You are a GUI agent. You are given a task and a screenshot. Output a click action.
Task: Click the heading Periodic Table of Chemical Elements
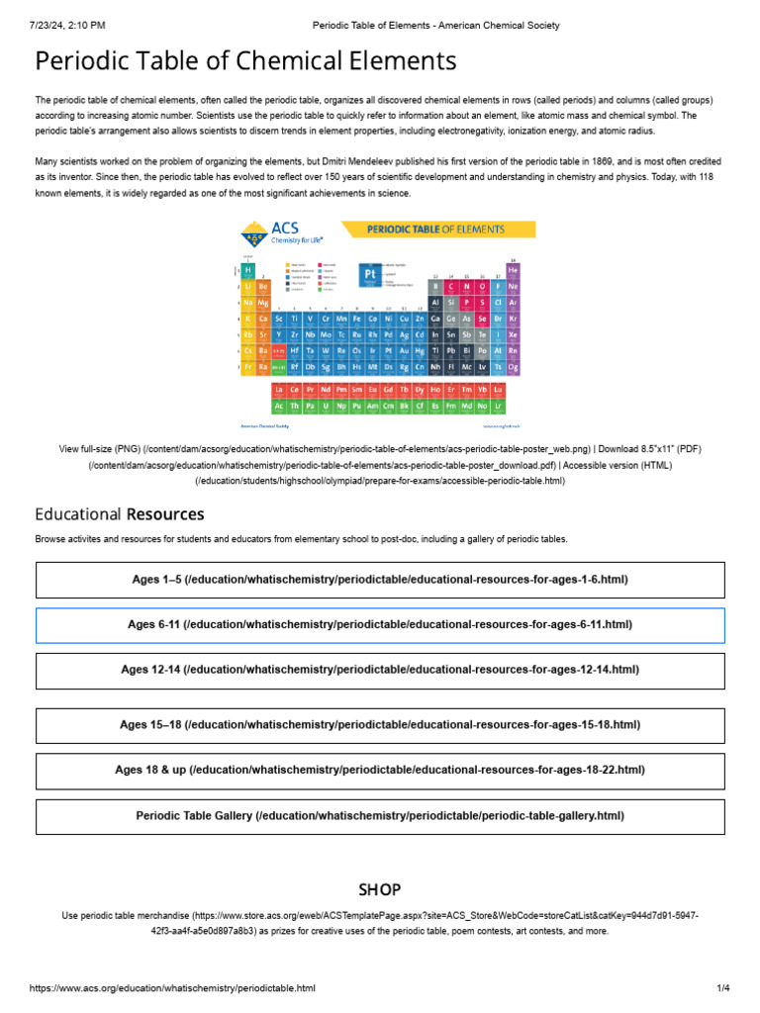245,61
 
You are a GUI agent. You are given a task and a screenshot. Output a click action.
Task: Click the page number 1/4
722,988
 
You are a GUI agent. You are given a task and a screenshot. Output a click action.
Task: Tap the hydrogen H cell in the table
248,270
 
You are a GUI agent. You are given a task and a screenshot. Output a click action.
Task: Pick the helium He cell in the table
513,269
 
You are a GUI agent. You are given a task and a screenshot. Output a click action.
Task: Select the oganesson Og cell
513,366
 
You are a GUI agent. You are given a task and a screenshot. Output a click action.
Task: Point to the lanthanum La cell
279,391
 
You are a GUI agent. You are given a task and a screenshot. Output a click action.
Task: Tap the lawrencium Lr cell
499,406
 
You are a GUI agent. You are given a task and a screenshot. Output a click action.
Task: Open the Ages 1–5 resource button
380,580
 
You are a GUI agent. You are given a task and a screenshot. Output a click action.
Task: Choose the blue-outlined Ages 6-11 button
380,625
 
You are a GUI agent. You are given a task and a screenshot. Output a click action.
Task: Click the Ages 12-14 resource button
380,671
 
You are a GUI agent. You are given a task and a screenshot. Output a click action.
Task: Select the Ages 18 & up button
380,771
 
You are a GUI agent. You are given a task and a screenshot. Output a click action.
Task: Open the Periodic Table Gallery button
380,816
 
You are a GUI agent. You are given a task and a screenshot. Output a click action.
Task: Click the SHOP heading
380,890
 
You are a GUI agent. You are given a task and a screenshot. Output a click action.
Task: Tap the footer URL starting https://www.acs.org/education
172,988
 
